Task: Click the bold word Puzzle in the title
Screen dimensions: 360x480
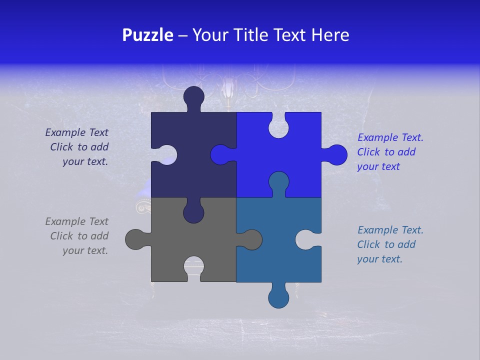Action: point(147,35)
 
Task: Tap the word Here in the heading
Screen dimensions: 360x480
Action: point(330,35)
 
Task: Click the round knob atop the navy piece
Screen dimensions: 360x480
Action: point(194,96)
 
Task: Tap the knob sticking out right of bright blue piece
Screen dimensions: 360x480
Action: point(336,155)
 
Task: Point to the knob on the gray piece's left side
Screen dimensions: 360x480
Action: point(135,239)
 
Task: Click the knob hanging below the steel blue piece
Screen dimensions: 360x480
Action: point(278,297)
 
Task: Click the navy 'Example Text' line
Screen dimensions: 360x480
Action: point(76,132)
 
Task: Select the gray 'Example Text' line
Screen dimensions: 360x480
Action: point(76,221)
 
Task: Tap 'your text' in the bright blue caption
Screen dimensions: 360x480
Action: point(378,166)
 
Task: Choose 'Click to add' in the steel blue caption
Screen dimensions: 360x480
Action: point(386,244)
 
